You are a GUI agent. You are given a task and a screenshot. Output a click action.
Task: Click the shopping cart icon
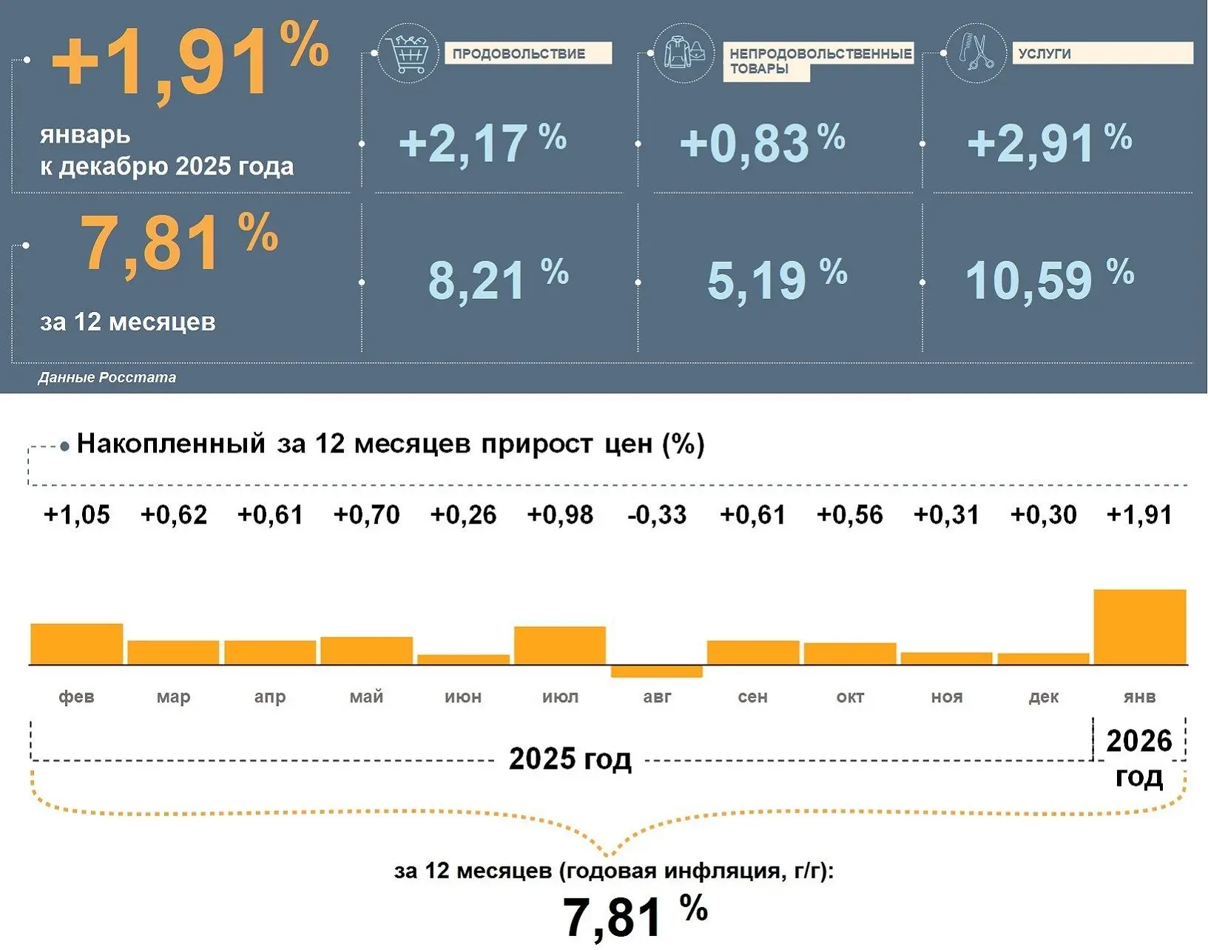tap(408, 53)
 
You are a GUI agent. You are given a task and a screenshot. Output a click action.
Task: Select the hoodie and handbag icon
tap(684, 52)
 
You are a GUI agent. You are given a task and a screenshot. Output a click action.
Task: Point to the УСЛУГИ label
tap(1045, 53)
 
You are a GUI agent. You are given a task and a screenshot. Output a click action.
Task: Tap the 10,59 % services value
tap(1049, 279)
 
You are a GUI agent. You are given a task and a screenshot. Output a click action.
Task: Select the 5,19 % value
tap(777, 279)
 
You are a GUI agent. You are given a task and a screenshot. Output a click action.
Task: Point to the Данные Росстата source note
tap(107, 377)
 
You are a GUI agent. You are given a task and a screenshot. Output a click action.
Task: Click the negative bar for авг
tap(657, 671)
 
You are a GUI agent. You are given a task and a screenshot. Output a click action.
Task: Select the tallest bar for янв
tap(1139, 627)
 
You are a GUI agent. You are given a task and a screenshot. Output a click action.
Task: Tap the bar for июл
tap(560, 645)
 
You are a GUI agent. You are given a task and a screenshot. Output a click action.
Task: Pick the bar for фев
tap(76, 644)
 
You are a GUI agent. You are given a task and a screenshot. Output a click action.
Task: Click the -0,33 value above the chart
tap(657, 515)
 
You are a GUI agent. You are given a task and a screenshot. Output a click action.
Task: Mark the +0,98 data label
tap(560, 515)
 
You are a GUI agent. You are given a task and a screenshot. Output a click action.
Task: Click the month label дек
tap(1043, 696)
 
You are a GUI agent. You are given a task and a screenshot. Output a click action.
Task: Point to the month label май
tap(366, 696)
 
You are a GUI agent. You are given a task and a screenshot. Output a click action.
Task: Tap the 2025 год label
tap(570, 759)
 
